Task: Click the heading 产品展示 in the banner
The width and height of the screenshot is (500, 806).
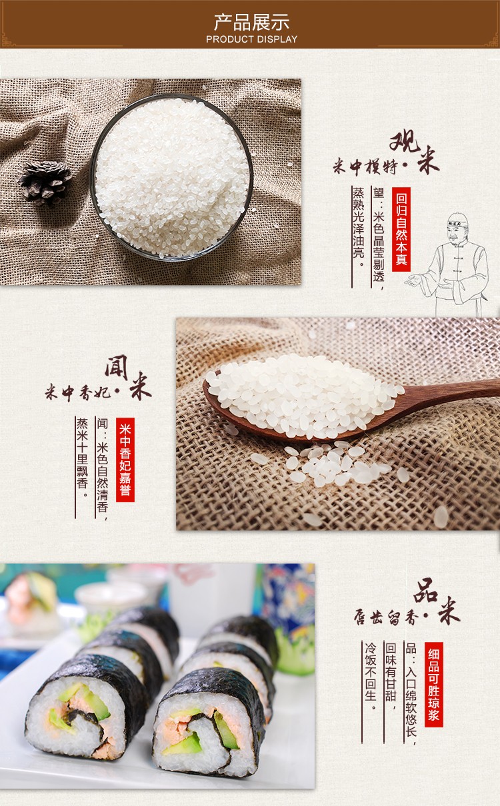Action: pyautogui.click(x=251, y=22)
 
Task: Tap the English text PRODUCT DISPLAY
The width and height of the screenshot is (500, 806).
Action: pyautogui.click(x=251, y=39)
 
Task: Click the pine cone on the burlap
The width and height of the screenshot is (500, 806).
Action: pyautogui.click(x=45, y=183)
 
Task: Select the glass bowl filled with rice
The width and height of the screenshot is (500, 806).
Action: pyautogui.click(x=171, y=177)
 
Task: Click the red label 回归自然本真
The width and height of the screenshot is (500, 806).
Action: pyautogui.click(x=401, y=229)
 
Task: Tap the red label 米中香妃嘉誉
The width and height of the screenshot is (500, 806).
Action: pyautogui.click(x=125, y=460)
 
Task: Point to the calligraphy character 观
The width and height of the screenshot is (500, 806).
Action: pyautogui.click(x=405, y=141)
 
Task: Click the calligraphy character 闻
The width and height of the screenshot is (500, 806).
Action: pyautogui.click(x=116, y=367)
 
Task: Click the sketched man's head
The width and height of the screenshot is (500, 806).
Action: pyautogui.click(x=457, y=228)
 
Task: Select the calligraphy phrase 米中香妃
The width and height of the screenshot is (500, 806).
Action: pyautogui.click(x=78, y=392)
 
